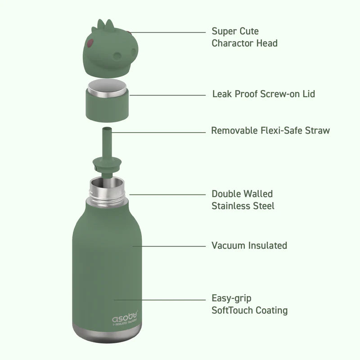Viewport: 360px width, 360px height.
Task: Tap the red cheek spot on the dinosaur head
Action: (x=90, y=44)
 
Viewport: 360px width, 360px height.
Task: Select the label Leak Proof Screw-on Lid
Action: (x=263, y=94)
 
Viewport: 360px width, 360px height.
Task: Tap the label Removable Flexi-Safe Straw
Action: (x=270, y=130)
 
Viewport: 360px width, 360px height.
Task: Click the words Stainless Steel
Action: (x=243, y=206)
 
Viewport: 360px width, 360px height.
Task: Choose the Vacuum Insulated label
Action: (x=249, y=246)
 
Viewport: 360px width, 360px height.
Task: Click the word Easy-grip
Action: (x=232, y=298)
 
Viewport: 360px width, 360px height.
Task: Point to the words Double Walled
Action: (x=242, y=194)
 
